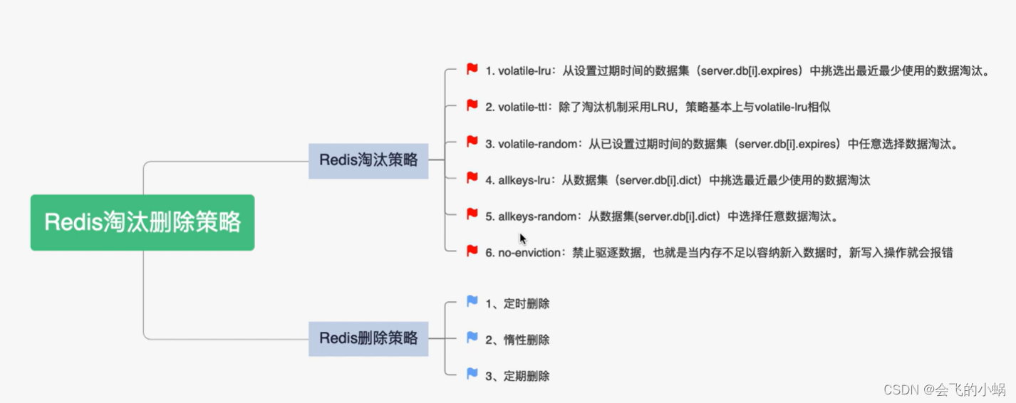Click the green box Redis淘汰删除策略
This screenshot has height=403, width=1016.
(142, 222)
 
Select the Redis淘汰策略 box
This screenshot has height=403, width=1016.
(368, 160)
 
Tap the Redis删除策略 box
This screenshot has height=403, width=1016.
(368, 338)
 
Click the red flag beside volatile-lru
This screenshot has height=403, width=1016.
(472, 69)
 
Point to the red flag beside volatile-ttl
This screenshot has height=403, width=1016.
(472, 105)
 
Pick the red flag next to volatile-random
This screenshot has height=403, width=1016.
(472, 142)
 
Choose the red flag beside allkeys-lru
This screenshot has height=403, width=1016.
(472, 178)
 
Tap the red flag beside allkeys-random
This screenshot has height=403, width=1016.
(472, 214)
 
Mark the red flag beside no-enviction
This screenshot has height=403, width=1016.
(472, 251)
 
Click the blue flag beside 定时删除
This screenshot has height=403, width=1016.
(472, 301)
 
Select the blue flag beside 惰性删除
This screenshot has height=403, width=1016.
(472, 337)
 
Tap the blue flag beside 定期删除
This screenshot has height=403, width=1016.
(472, 373)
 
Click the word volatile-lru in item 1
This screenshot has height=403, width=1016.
(524, 71)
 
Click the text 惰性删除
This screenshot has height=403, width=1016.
(527, 340)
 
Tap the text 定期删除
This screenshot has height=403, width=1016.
(527, 376)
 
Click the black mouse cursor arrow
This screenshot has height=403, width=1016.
(522, 239)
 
